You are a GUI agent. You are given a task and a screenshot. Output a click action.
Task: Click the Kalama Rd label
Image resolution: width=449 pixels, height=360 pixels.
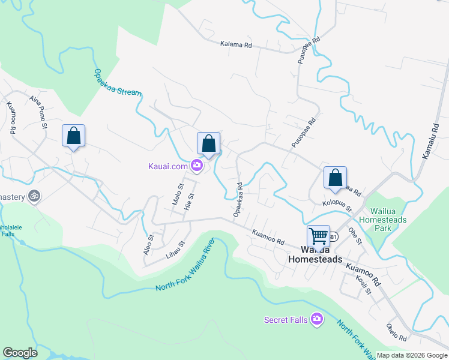pyautogui.click(x=235, y=44)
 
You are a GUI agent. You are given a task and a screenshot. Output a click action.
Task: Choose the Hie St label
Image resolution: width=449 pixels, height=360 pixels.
pyautogui.click(x=190, y=201)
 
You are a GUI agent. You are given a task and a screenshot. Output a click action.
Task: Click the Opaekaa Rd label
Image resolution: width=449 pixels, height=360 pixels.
pyautogui.click(x=238, y=200)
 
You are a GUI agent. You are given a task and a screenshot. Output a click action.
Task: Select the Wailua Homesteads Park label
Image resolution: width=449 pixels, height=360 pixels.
pyautogui.click(x=388, y=220)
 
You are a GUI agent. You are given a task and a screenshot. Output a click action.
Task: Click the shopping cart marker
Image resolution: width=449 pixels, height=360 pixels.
pyautogui.click(x=318, y=235)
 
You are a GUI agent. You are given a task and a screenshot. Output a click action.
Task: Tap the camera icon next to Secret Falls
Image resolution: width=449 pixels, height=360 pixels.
pyautogui.click(x=316, y=320)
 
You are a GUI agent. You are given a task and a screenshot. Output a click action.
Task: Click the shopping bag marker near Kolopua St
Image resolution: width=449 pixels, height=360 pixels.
pyautogui.click(x=335, y=177)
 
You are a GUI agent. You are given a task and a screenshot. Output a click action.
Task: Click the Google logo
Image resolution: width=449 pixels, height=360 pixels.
pyautogui.click(x=20, y=353)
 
